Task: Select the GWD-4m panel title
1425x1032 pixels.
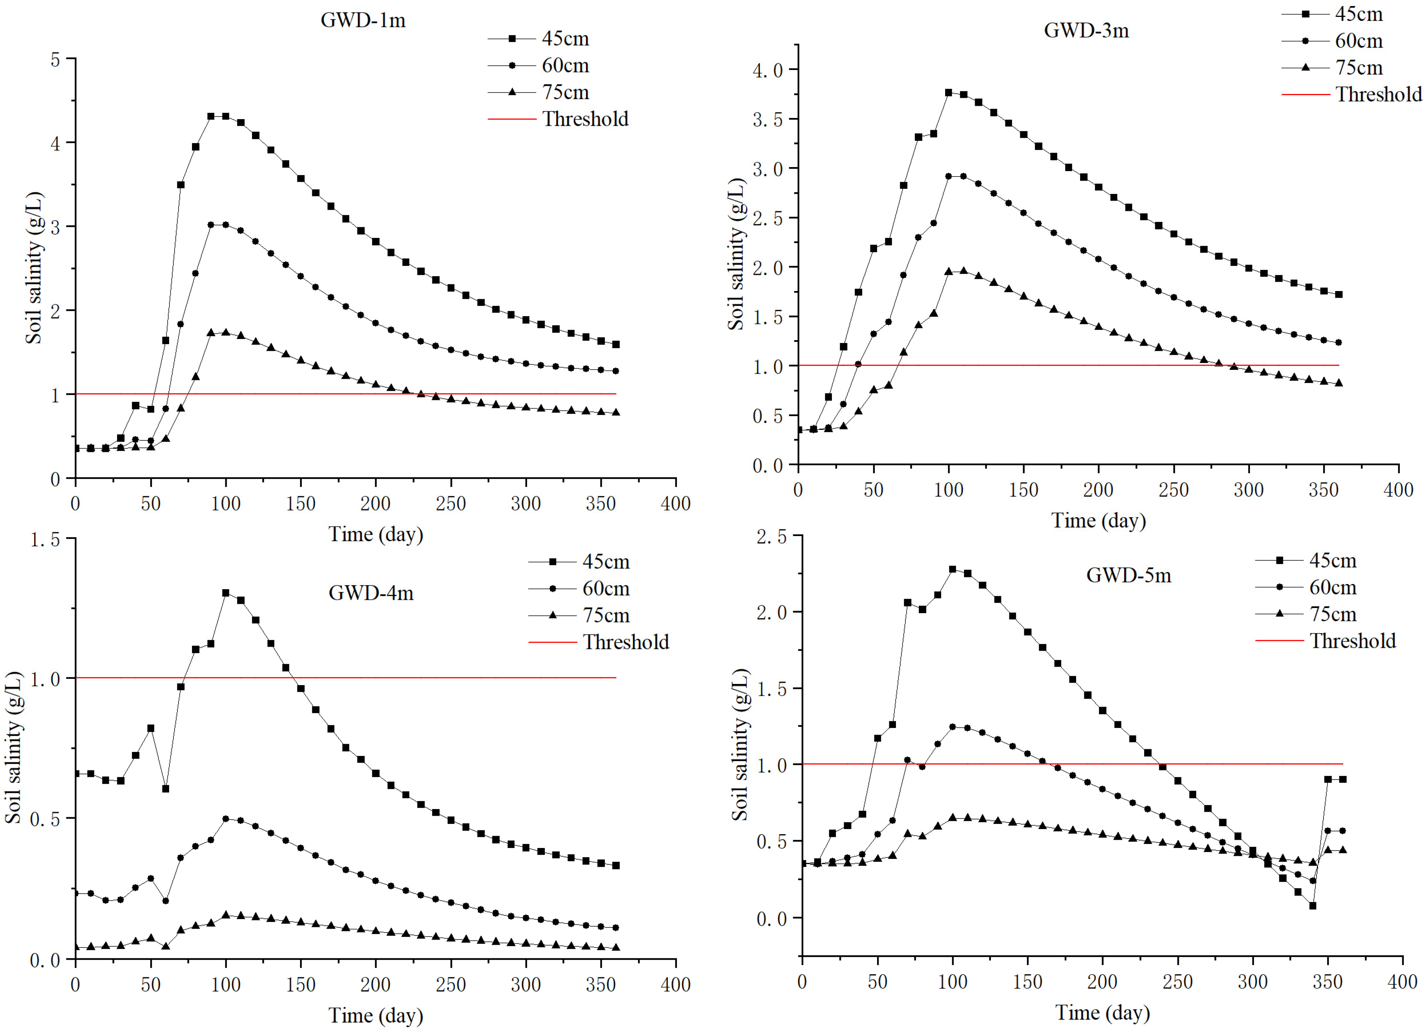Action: (371, 593)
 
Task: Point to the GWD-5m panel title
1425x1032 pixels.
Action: (1128, 575)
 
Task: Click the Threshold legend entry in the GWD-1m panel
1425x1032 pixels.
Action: (585, 119)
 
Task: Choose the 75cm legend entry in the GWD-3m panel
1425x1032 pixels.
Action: (1359, 67)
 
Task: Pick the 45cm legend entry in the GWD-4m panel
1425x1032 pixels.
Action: (606, 562)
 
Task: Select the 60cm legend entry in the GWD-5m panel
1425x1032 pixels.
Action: (1333, 587)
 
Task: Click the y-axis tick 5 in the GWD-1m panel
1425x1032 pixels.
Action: (55, 60)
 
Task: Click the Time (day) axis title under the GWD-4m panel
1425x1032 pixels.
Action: (376, 1015)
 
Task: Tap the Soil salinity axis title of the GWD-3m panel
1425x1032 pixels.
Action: (736, 254)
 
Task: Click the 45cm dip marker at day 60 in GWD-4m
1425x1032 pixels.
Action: (165, 788)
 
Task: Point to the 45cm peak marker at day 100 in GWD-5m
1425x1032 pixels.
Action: (953, 569)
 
